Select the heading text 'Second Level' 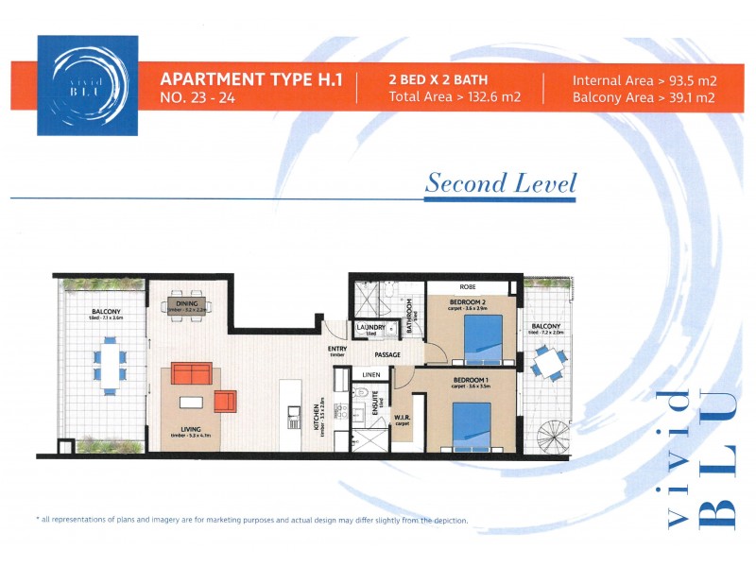click(x=500, y=182)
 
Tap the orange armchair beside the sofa click(x=224, y=401)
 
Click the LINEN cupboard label click(x=370, y=375)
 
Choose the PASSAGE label click(x=388, y=355)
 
